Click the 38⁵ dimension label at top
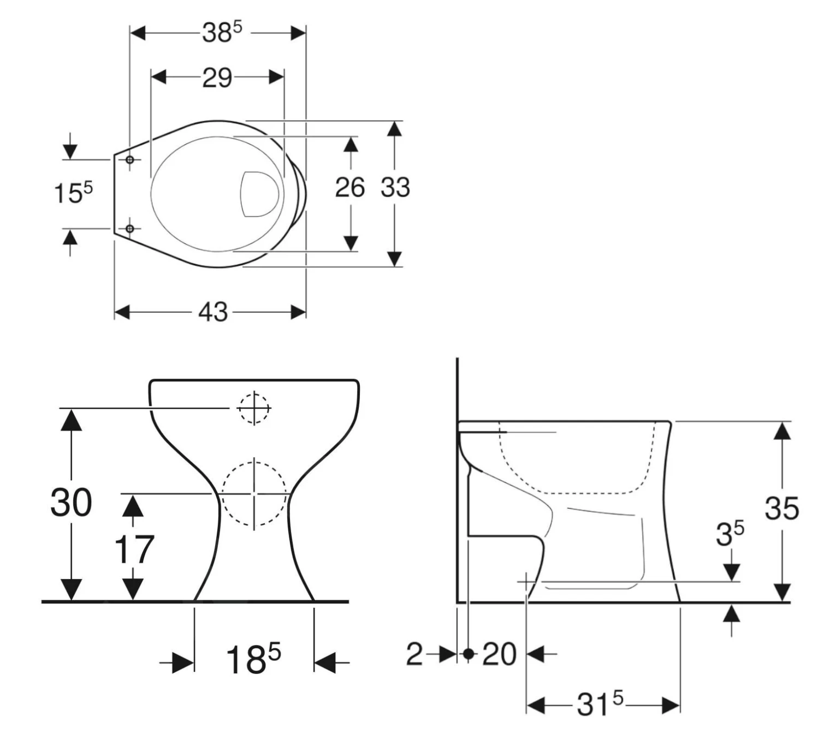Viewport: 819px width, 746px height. (x=221, y=33)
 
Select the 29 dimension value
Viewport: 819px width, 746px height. (x=217, y=78)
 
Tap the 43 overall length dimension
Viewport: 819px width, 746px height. (x=212, y=312)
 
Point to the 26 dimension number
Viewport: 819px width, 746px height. (x=349, y=188)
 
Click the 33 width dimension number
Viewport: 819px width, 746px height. (x=395, y=188)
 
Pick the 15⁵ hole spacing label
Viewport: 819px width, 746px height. (x=73, y=193)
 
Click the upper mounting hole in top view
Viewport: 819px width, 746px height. (x=130, y=159)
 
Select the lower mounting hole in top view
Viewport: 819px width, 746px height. (x=130, y=229)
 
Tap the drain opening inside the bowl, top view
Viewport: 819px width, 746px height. (x=259, y=194)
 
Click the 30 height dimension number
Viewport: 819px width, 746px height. (x=71, y=503)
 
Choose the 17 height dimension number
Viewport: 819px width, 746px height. (x=134, y=549)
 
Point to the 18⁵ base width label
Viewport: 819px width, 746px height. (x=253, y=659)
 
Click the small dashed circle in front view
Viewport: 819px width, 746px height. (x=253, y=408)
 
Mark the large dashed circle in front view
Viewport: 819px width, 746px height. (x=254, y=493)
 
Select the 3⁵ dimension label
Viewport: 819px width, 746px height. (x=729, y=534)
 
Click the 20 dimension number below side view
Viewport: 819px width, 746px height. (x=498, y=654)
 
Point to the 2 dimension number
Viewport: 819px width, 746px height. (x=414, y=654)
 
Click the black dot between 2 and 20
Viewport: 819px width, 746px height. (x=468, y=653)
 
